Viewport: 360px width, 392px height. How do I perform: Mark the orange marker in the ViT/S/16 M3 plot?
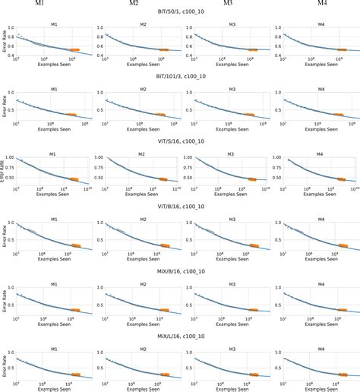click(251, 179)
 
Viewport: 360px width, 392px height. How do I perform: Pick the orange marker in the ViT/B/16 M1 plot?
click(76, 245)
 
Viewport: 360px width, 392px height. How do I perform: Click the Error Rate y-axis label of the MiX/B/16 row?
click(5, 300)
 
